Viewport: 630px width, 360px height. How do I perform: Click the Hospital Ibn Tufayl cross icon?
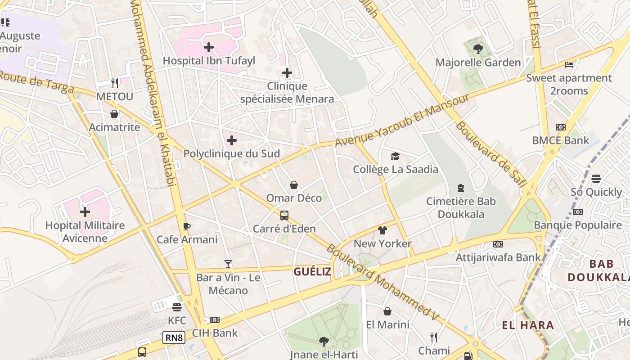(209, 47)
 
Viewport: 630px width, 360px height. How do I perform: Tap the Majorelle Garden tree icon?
(478, 49)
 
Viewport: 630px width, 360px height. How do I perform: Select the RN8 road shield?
(174, 337)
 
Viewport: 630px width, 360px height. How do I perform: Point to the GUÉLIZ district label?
(312, 271)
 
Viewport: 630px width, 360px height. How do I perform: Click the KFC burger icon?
(177, 307)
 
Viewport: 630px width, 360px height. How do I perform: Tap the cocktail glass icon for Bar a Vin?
(228, 264)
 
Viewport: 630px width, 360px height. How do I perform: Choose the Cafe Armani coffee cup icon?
(187, 226)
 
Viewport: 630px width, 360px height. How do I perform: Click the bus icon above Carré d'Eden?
(284, 216)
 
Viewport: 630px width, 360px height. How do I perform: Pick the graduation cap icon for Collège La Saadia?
(395, 156)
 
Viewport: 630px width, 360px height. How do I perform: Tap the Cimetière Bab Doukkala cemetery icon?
(460, 188)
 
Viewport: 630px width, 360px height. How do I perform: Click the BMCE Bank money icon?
(560, 127)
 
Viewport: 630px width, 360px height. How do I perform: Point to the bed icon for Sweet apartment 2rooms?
(569, 65)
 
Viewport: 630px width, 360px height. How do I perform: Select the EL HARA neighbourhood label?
(528, 325)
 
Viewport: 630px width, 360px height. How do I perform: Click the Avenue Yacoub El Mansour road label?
(402, 121)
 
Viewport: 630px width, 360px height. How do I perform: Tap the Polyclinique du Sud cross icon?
(232, 141)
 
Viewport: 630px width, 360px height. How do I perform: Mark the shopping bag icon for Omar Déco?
(294, 185)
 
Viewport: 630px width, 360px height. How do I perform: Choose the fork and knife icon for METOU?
(115, 83)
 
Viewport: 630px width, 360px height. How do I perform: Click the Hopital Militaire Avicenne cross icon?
(85, 212)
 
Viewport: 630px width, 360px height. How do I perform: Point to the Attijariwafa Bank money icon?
(498, 244)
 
